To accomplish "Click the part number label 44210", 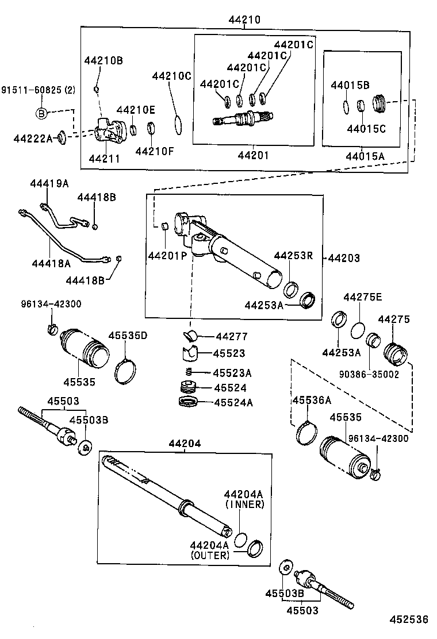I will coord(245,20).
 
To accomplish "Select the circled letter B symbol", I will coord(41,114).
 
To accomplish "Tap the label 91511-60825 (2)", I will coord(38,90).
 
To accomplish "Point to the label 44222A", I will coord(33,137).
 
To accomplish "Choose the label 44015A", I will coord(365,156).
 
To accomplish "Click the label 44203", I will coord(344,259).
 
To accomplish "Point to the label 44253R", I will coord(293,256).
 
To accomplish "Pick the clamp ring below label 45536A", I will coord(306,433).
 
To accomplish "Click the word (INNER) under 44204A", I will coord(244,504).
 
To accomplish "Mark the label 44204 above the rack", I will coord(185,443).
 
